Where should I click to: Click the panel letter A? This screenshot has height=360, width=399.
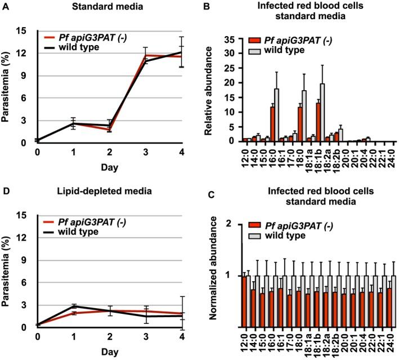tap(6, 7)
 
